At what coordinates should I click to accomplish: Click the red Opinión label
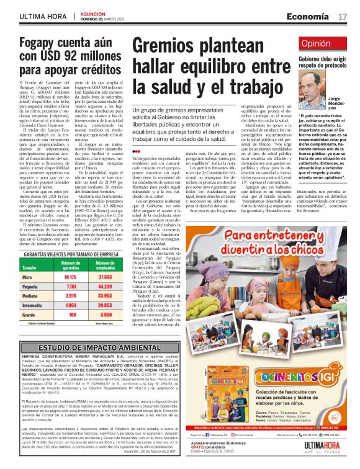pyautogui.click(x=315, y=43)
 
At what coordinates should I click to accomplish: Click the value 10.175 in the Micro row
pyautogui.click(x=70, y=260)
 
